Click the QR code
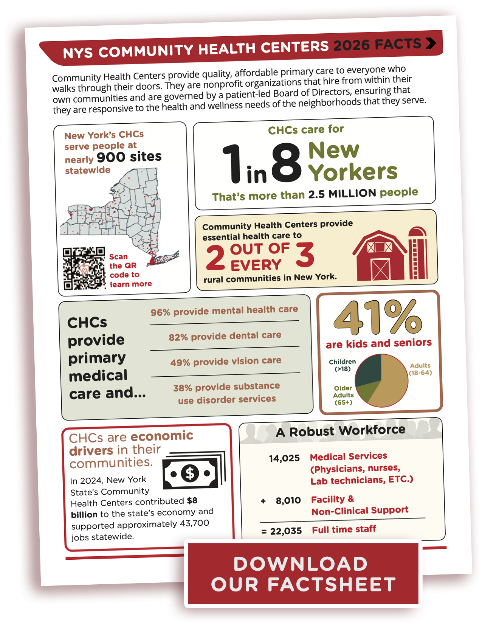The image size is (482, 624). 84,268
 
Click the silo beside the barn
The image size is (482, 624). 418,253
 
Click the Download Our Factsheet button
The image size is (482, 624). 303,574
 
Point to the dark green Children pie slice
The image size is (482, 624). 369,370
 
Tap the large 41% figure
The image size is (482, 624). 377,318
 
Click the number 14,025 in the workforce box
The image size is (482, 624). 284,459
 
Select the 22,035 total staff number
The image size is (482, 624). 286,531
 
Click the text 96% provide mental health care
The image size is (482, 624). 224,310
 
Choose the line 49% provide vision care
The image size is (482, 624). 226,362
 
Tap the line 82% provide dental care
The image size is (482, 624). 225,336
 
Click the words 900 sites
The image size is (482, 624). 129,157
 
